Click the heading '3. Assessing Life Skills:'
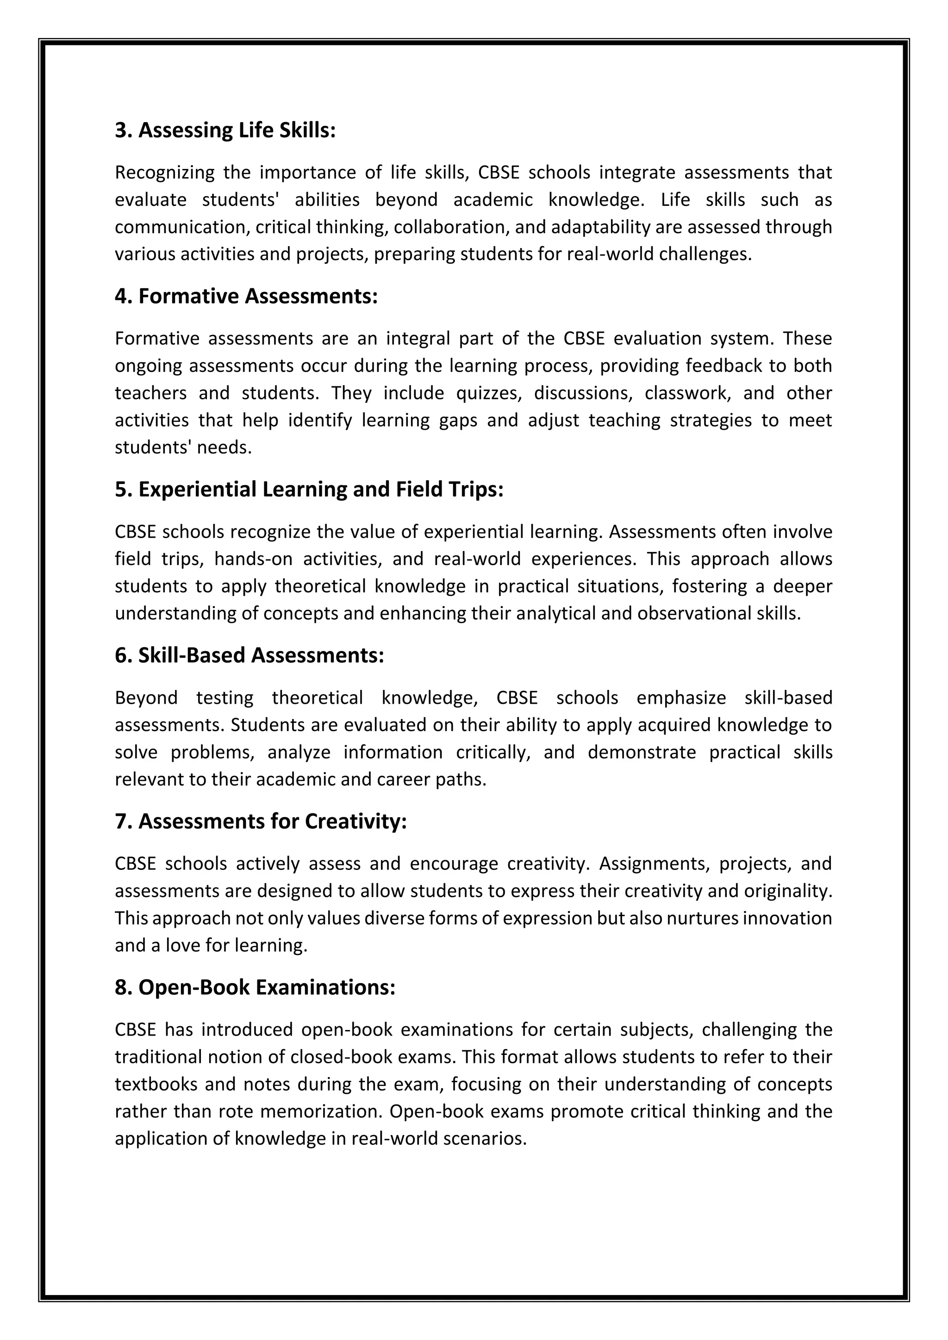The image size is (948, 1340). (x=225, y=130)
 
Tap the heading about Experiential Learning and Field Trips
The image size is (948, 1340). (x=309, y=489)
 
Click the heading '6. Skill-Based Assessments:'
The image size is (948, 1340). (x=249, y=655)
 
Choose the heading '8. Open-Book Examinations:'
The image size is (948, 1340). (x=255, y=987)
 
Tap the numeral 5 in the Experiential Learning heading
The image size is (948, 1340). (x=120, y=489)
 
